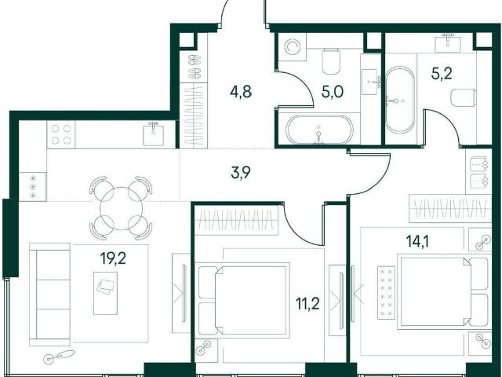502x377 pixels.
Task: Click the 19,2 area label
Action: coord(113,258)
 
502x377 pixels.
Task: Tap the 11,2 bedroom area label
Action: coord(307,303)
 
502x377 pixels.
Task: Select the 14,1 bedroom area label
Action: coord(417,241)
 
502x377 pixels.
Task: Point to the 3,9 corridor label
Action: coord(241,173)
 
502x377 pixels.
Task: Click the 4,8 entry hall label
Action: coord(241,92)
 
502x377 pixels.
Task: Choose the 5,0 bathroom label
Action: coord(333,92)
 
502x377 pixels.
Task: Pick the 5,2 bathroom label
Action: coord(442,74)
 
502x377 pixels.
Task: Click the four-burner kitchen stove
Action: coord(61,134)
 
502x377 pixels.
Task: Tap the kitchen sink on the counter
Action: coord(154,134)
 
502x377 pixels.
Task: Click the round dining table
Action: coord(121,208)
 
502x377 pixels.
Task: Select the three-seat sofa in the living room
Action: coord(49,295)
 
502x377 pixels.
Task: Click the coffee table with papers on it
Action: coord(105,293)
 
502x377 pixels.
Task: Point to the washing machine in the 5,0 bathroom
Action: coord(292,47)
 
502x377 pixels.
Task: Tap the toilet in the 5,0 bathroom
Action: coord(331,61)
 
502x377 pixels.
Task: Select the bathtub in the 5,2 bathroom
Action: coord(399,100)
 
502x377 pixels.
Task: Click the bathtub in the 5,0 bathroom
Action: coord(319,130)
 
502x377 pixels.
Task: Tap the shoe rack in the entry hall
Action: coord(194,68)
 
